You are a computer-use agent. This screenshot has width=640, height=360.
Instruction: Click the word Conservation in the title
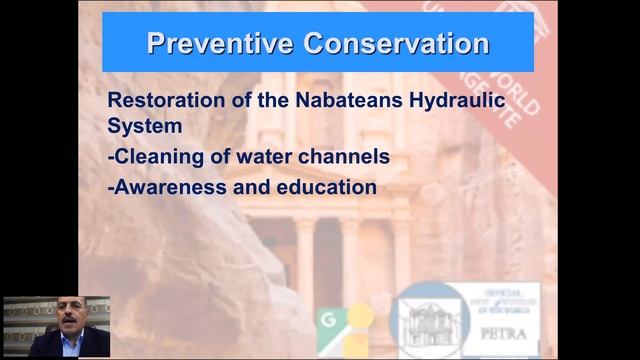point(383,44)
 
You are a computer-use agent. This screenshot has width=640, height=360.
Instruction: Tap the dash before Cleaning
point(110,158)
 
